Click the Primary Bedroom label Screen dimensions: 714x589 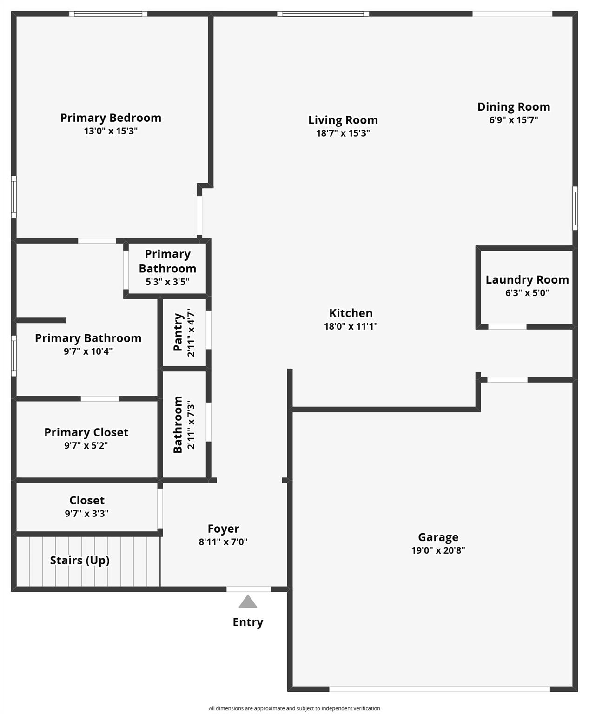tap(111, 118)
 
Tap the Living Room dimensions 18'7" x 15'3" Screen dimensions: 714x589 tap(343, 133)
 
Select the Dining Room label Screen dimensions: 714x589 tap(514, 107)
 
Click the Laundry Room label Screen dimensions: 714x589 tap(527, 280)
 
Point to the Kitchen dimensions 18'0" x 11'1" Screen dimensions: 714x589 tap(351, 326)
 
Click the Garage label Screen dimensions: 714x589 tap(438, 537)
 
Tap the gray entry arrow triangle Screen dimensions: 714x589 tap(248, 602)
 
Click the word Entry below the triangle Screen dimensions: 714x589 tap(248, 622)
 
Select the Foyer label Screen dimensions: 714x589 tap(223, 529)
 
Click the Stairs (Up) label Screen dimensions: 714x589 tap(79, 561)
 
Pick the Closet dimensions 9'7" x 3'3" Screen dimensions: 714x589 tap(86, 514)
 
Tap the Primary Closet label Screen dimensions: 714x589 tap(86, 432)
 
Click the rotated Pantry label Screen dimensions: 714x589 tap(178, 332)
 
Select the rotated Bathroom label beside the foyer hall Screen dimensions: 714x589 tap(178, 424)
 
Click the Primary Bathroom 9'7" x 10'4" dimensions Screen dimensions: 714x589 tap(88, 351)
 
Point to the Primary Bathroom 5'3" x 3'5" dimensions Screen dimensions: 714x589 tap(167, 282)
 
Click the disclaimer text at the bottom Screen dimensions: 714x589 tap(294, 708)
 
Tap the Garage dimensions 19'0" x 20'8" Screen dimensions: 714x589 tap(438, 550)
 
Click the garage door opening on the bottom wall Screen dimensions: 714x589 tap(439, 689)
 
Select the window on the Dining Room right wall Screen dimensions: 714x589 tap(575, 208)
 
